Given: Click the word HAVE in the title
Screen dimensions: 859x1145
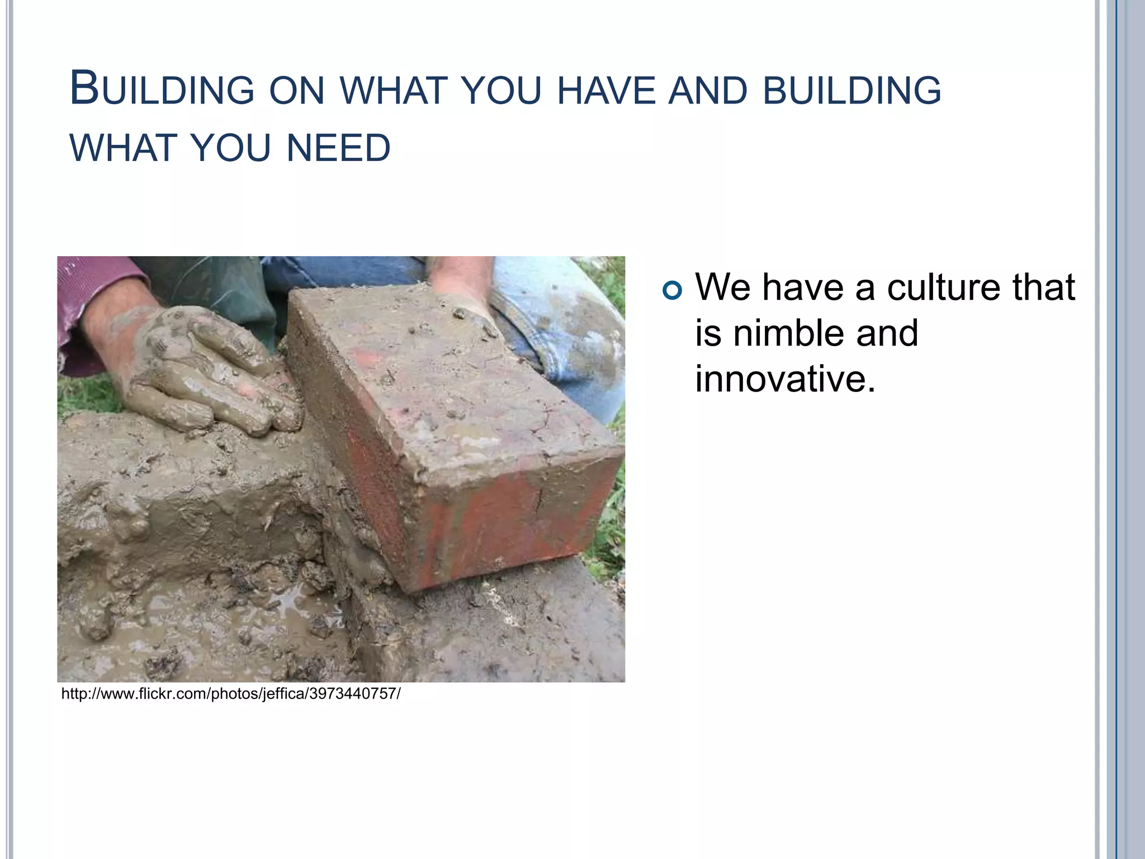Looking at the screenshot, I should click(606, 91).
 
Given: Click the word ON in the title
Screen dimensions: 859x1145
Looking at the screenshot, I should click(296, 91).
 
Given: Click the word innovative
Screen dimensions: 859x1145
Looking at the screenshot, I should click(785, 379).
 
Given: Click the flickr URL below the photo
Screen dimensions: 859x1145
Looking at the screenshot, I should click(230, 694).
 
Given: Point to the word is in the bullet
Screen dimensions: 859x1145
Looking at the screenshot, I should click(708, 333).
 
